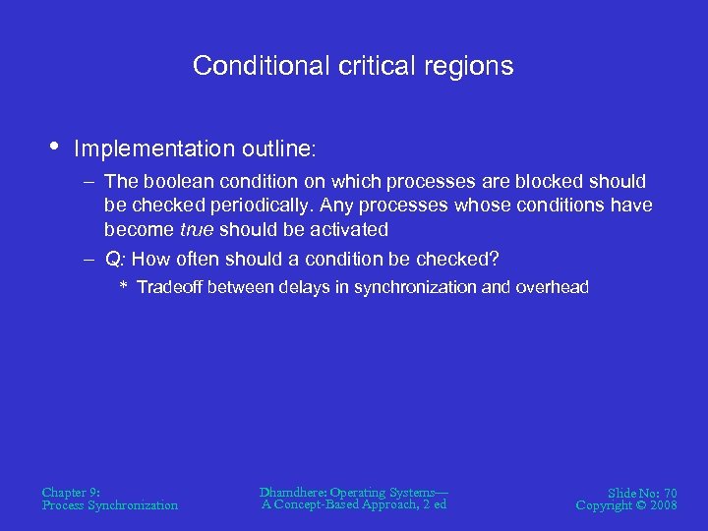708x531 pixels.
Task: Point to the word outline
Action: (274, 149)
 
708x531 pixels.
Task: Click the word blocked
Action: (546, 182)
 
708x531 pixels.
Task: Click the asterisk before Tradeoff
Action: (124, 288)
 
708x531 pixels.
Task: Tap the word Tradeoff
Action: (170, 287)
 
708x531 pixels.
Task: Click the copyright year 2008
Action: (661, 505)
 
